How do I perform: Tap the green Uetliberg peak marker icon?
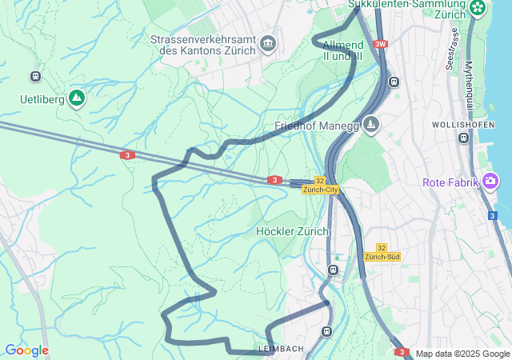tap(77, 98)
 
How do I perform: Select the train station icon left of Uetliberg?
tap(35, 76)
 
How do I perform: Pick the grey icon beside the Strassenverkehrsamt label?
tap(268, 43)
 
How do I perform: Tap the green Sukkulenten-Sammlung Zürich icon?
tap(478, 8)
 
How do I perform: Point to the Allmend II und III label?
tap(342, 50)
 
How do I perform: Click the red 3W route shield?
tap(380, 45)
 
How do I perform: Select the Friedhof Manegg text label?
tap(316, 126)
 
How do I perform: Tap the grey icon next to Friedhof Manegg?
tap(370, 124)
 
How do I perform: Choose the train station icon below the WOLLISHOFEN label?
tap(463, 138)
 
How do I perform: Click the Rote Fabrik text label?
tap(450, 182)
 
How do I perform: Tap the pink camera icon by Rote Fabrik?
tap(490, 182)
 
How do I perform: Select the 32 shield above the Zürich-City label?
tap(320, 181)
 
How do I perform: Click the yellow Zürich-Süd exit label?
tap(382, 257)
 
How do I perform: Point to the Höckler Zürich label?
tap(292, 231)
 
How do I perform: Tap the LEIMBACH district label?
tap(281, 350)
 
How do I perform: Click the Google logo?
tap(26, 350)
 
